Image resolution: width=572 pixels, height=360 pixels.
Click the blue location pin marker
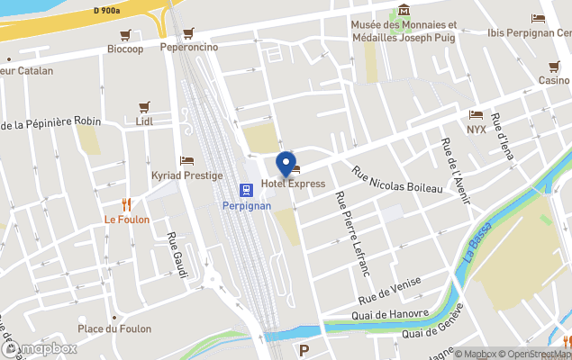[286, 165]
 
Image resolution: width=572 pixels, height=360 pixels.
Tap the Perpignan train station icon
[244, 189]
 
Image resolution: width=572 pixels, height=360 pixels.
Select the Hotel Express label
[293, 184]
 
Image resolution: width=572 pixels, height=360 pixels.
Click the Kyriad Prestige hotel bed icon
[186, 160]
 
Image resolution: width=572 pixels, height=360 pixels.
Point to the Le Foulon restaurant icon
[127, 204]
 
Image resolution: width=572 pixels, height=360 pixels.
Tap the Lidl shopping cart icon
[144, 107]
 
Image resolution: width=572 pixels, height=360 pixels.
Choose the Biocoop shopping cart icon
[125, 34]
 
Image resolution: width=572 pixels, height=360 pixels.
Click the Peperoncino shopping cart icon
[188, 33]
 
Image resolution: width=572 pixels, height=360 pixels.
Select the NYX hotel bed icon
[476, 115]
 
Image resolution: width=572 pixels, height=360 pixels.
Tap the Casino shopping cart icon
[554, 67]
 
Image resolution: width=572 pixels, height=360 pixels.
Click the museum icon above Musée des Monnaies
[404, 11]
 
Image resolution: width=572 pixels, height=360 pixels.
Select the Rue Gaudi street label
[177, 255]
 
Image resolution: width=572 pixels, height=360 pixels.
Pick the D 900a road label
[107, 11]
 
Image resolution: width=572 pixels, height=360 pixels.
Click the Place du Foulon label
[114, 328]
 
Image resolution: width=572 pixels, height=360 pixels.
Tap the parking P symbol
[304, 350]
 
